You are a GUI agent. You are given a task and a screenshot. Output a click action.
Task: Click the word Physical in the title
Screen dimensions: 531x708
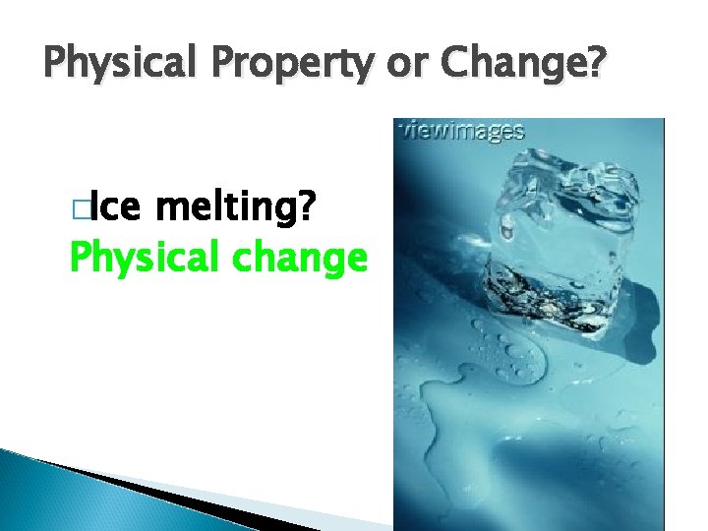tap(121, 66)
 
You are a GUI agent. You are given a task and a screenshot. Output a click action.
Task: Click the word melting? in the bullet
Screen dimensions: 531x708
tap(236, 209)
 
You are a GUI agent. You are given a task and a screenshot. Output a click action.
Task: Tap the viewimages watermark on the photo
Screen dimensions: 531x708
tap(459, 130)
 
